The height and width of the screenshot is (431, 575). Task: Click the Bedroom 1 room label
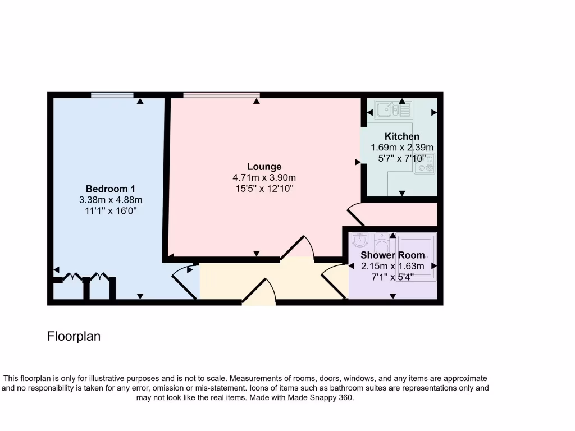point(111,189)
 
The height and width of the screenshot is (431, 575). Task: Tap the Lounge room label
point(264,167)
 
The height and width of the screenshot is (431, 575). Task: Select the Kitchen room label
point(401,136)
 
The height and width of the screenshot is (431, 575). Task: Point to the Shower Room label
point(393,255)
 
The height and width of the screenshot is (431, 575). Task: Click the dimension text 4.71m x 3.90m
point(264,178)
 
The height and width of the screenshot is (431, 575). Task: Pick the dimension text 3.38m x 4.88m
point(111,200)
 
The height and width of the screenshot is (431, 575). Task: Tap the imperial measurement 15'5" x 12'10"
point(264,189)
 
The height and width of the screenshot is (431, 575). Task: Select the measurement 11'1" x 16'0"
point(111,211)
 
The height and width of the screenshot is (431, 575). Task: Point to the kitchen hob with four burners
point(425,163)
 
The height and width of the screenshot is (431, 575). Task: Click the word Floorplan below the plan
point(74,337)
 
